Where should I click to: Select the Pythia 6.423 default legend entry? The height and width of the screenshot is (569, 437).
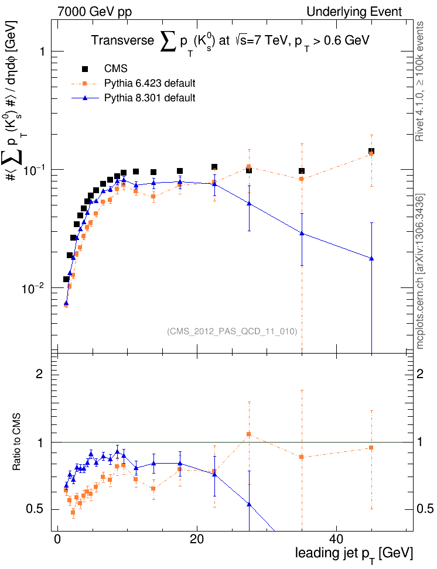pyautogui.click(x=150, y=83)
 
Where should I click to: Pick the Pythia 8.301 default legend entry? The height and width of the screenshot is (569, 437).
pyautogui.click(x=150, y=98)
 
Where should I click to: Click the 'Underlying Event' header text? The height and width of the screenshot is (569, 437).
pyautogui.click(x=354, y=12)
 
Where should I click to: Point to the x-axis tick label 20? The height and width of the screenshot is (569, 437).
pyautogui.click(x=197, y=538)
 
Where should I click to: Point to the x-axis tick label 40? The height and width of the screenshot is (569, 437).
pyautogui.click(x=336, y=538)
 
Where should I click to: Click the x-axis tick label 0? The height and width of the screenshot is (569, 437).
pyautogui.click(x=57, y=538)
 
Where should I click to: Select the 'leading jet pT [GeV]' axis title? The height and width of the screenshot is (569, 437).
pyautogui.click(x=354, y=553)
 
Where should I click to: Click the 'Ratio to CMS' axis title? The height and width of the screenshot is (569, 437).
pyautogui.click(x=18, y=441)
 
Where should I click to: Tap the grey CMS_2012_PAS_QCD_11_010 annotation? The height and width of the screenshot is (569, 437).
pyautogui.click(x=232, y=331)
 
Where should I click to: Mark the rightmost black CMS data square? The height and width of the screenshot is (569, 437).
pyautogui.click(x=371, y=152)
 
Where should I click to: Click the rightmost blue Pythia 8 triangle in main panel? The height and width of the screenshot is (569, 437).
pyautogui.click(x=371, y=258)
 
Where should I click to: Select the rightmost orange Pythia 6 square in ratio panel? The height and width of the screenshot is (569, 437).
pyautogui.click(x=371, y=448)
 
